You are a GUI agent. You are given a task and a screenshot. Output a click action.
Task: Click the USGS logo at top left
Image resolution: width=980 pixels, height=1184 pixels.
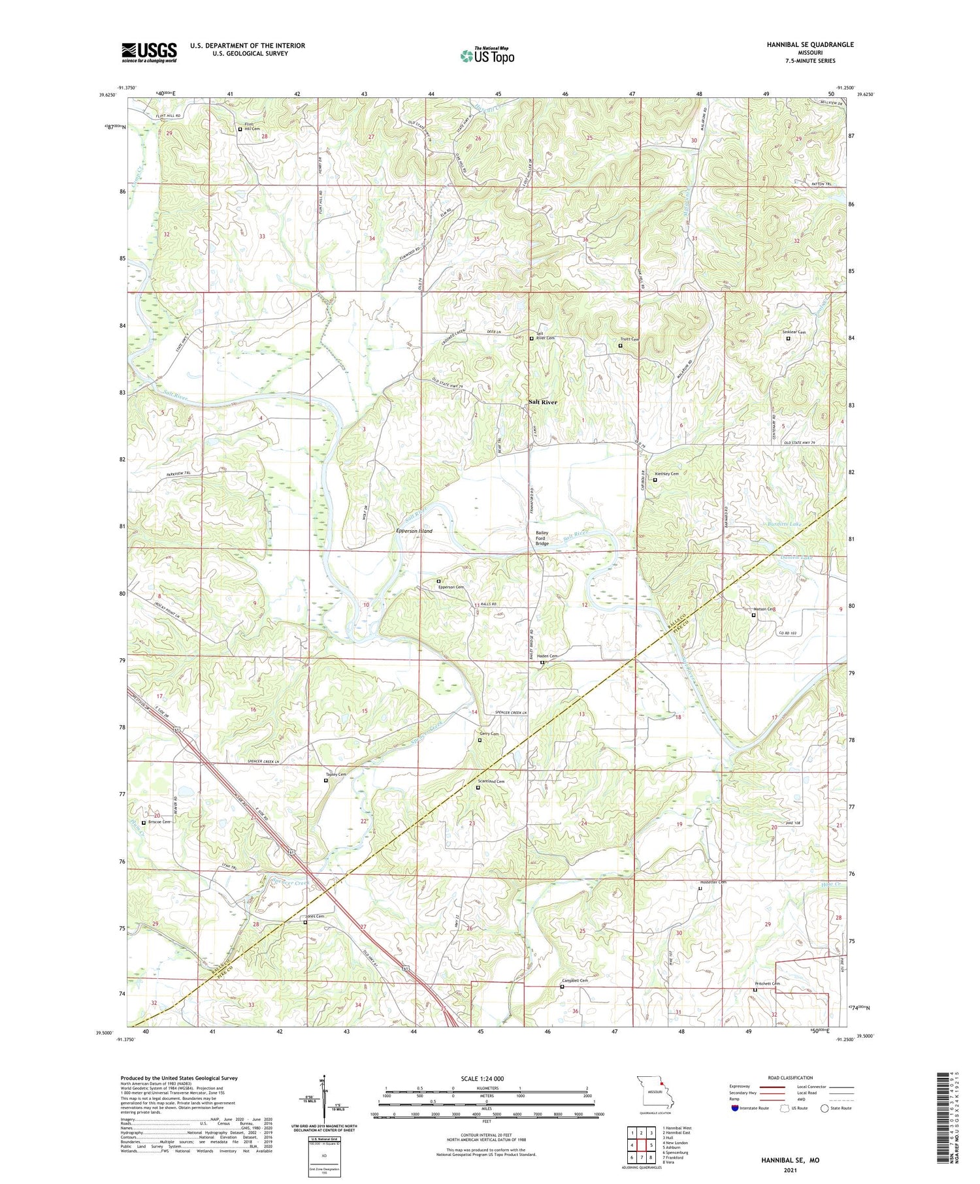[x=149, y=52]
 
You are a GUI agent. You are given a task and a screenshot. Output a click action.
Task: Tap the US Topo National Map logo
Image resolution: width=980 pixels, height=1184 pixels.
[x=487, y=56]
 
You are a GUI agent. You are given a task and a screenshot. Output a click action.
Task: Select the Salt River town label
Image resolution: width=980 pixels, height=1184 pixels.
[x=543, y=402]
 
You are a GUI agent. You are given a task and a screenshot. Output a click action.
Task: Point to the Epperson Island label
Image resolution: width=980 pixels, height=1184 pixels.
[x=414, y=531]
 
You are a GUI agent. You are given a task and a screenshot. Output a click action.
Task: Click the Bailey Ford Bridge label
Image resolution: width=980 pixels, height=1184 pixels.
[x=543, y=538]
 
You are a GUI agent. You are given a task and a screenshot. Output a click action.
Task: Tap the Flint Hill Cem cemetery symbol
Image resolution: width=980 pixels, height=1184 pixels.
[x=240, y=129]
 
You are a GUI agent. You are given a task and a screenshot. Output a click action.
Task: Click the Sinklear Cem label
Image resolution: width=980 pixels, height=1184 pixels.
[x=794, y=332]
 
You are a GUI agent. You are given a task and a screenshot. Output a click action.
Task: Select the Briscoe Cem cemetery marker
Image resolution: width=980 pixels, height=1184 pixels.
[x=144, y=822]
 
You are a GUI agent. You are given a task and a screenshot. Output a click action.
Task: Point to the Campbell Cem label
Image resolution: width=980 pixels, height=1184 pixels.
[x=575, y=980]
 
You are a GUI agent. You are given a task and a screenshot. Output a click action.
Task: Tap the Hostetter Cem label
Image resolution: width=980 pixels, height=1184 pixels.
[x=713, y=882]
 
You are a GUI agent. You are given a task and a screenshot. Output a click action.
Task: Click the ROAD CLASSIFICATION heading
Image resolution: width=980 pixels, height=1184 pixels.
[x=791, y=1078]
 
